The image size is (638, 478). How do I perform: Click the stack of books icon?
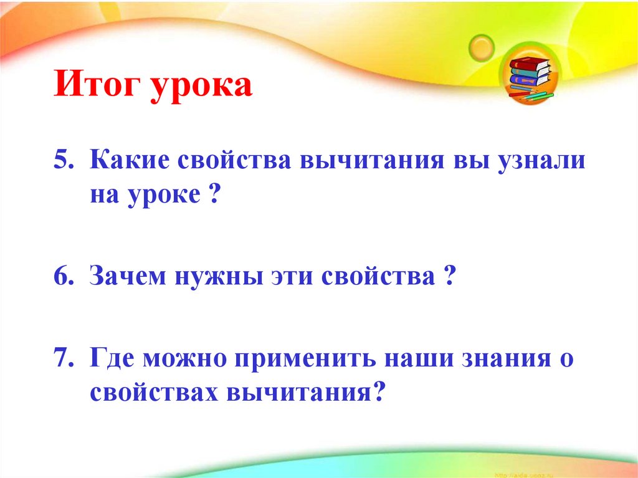530,78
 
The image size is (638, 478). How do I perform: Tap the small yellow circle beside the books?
482,46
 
